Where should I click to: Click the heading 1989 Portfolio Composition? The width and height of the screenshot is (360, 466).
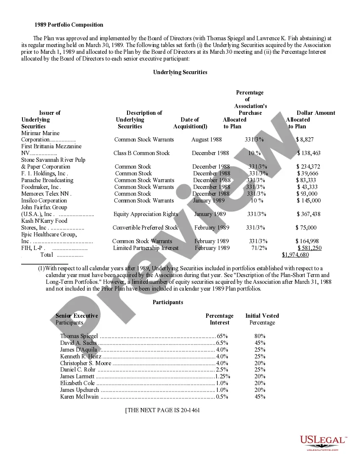point(69,25)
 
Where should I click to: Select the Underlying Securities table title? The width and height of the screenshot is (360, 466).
point(180,72)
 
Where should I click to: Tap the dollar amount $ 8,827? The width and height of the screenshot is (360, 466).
point(305,139)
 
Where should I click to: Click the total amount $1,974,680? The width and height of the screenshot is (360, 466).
point(295,255)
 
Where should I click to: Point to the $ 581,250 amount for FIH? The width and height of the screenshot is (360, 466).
point(309,248)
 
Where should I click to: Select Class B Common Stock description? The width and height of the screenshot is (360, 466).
point(141,153)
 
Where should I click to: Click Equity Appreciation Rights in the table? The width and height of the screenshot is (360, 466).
point(146,214)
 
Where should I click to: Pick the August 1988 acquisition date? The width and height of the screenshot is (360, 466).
point(206,139)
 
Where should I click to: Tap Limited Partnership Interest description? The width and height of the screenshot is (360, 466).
point(146,248)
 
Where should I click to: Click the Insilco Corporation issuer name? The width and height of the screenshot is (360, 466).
point(44,200)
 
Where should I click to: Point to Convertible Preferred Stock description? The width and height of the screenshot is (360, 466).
point(145,227)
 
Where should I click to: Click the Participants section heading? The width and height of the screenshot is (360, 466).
point(168,302)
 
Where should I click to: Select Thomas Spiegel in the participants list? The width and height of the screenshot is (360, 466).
point(79,336)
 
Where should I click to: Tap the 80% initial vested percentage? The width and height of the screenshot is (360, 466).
point(260,336)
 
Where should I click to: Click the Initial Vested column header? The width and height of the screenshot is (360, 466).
point(262,316)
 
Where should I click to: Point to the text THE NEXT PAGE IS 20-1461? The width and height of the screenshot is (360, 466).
point(163,411)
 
